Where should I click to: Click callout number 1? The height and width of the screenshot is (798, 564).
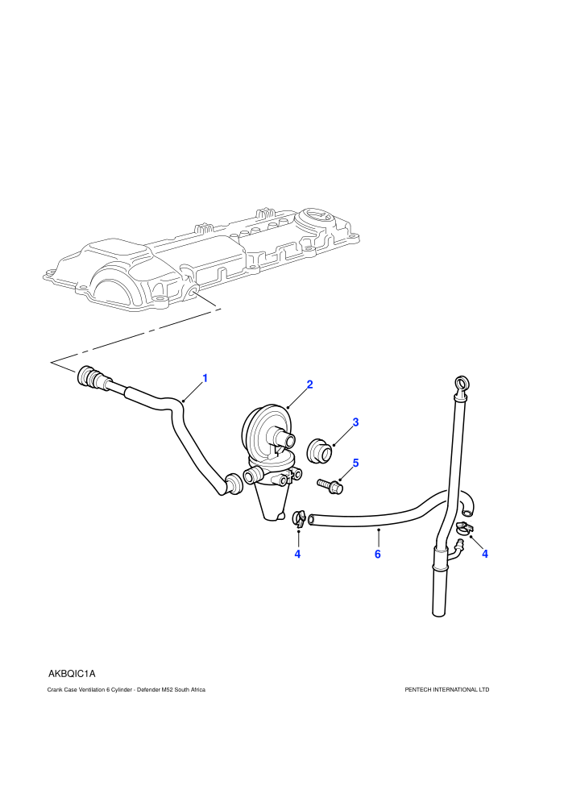click(205, 378)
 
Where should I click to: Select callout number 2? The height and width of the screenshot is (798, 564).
click(309, 384)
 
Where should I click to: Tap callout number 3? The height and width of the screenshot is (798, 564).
click(355, 422)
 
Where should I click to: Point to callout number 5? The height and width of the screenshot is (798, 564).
click(355, 463)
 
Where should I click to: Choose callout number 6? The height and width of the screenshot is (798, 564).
click(377, 554)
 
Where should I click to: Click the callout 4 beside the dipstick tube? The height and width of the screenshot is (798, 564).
click(485, 554)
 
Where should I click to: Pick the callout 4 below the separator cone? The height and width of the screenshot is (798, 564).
click(297, 554)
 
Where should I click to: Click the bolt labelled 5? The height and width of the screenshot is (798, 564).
click(330, 485)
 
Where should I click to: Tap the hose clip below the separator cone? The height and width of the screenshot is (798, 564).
click(299, 517)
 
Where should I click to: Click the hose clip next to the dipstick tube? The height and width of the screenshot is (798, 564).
click(464, 528)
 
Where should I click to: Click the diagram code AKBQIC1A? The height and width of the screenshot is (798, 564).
click(72, 673)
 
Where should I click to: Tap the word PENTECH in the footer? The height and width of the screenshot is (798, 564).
click(418, 690)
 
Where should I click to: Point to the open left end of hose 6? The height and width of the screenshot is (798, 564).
click(313, 519)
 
